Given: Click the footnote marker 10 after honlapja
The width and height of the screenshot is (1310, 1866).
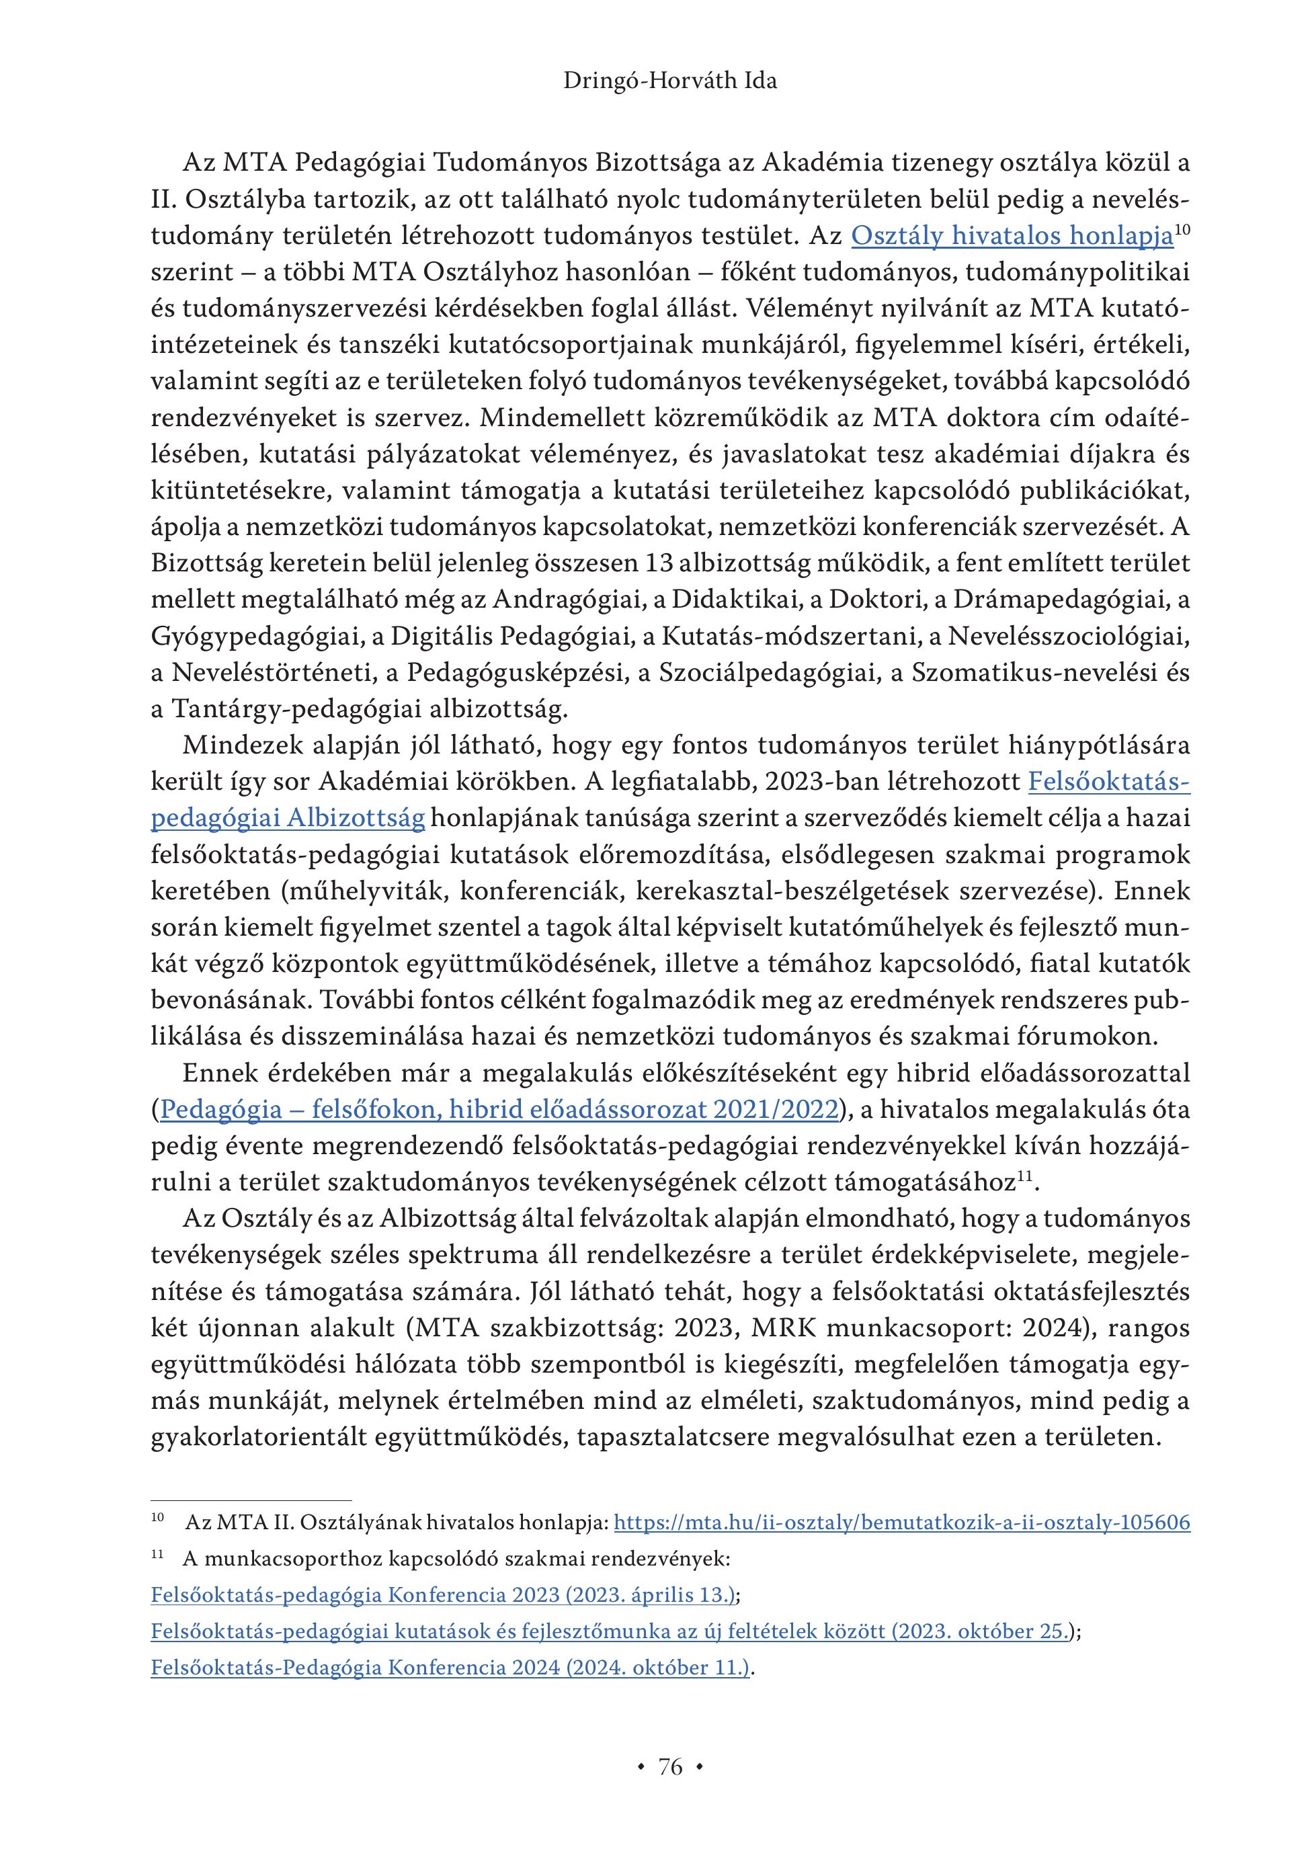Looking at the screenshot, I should [1182, 230].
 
